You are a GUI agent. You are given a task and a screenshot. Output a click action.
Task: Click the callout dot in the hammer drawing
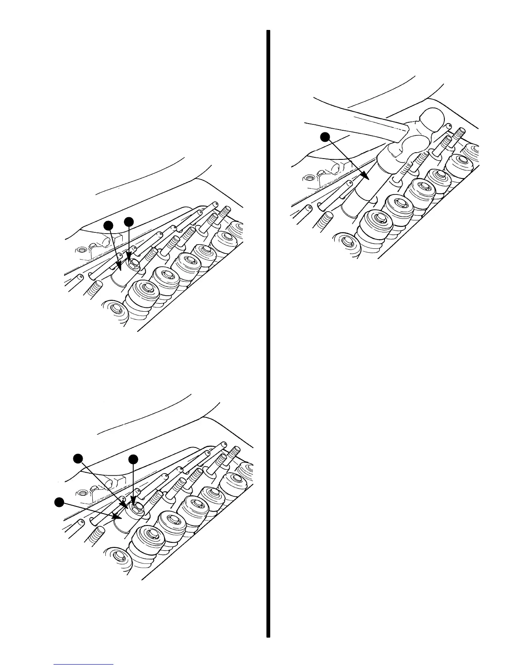pos(325,136)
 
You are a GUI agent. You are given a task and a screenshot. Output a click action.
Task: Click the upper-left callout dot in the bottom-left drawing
pos(78,458)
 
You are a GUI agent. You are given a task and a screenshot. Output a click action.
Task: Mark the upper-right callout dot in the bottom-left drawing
pos(134,458)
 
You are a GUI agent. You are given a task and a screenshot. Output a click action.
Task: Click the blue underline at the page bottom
pos(83,665)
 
